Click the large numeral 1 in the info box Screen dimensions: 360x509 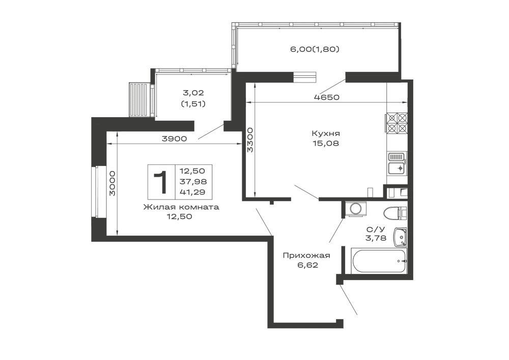click(161, 182)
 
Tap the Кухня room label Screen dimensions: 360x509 click(326, 133)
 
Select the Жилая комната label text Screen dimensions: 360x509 click(181, 207)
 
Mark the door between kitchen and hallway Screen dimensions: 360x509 click(306, 193)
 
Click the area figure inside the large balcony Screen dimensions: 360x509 click(315, 49)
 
